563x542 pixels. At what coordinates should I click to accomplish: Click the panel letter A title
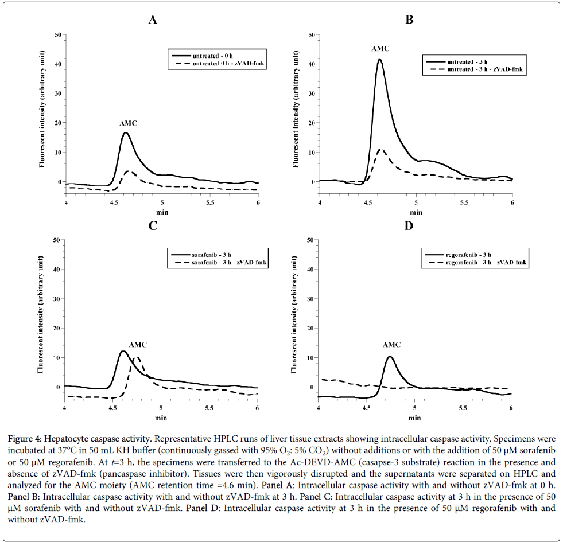point(153,20)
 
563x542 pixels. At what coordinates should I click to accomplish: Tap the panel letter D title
point(409,225)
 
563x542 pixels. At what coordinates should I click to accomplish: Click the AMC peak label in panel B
point(380,49)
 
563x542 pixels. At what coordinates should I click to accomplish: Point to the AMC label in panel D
point(391,345)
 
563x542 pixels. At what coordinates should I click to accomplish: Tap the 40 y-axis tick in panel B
point(312,64)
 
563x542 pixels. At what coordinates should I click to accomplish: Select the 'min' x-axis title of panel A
point(162,212)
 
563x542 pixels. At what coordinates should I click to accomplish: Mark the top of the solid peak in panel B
point(379,59)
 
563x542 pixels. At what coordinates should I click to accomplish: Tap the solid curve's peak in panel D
point(390,357)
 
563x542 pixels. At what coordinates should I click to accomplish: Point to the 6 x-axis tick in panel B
point(512,202)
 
